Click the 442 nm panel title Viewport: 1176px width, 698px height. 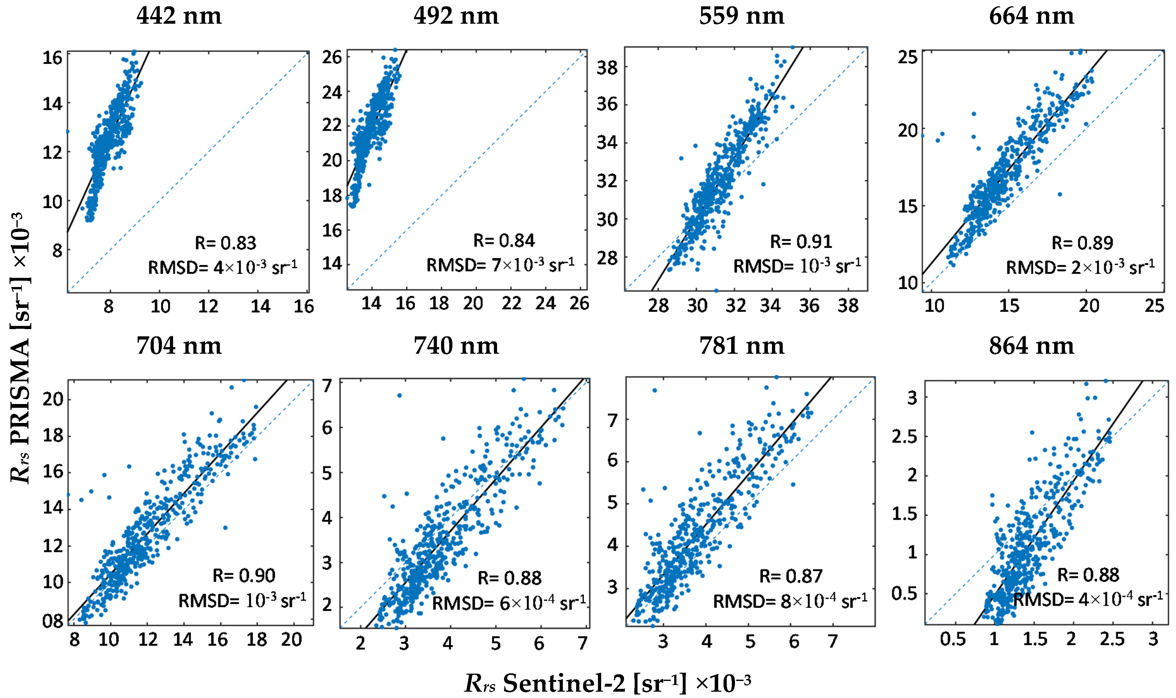point(179,16)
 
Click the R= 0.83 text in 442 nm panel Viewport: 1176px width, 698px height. point(225,243)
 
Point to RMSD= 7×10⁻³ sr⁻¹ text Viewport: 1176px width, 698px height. point(500,265)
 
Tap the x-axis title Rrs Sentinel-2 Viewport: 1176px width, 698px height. point(607,683)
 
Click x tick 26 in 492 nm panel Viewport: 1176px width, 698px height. point(579,304)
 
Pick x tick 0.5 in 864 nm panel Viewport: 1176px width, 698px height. point(952,639)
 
